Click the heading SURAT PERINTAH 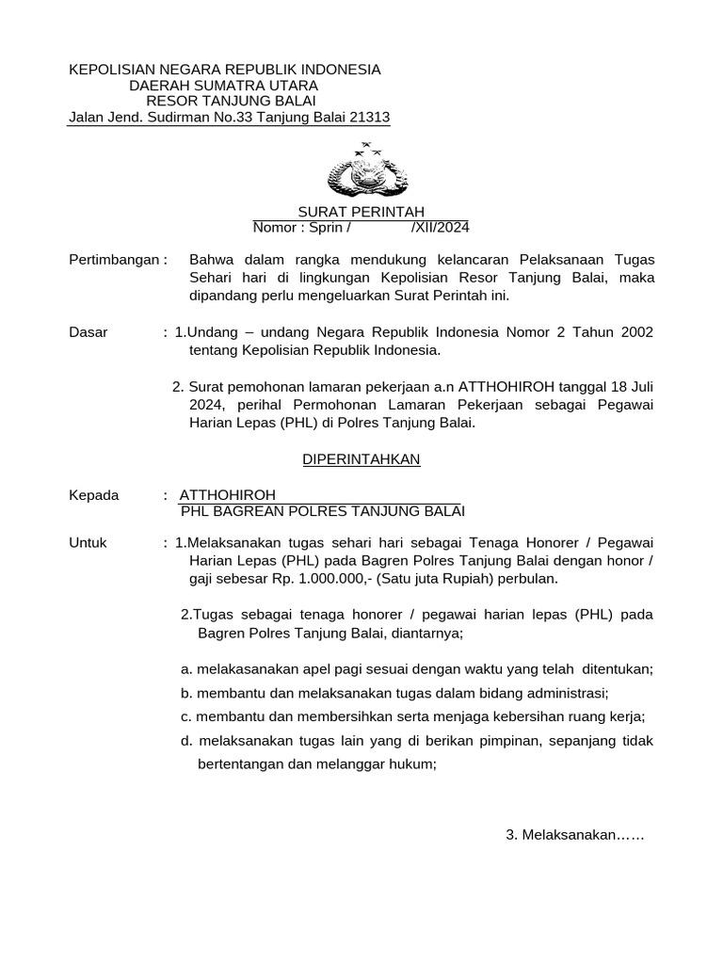pos(361,212)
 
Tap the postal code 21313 pos(368,118)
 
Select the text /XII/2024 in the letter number pos(440,228)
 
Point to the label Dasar pos(88,332)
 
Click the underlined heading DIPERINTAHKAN pos(361,459)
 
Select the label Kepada pos(94,495)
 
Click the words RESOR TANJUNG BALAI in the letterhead pos(231,102)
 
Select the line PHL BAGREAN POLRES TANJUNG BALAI pos(323,511)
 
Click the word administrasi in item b pos(542,692)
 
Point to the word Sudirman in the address pos(176,118)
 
